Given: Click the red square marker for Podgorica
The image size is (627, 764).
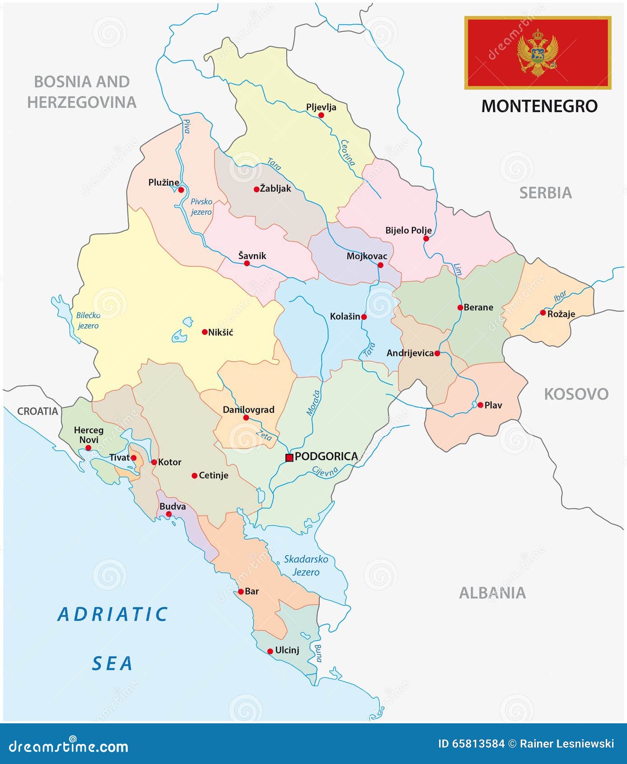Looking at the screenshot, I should pos(290,457).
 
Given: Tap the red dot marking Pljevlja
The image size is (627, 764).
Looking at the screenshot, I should pos(321,115).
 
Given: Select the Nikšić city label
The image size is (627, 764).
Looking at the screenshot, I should pos(220,332).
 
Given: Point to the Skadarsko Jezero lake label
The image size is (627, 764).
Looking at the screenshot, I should pos(306,565).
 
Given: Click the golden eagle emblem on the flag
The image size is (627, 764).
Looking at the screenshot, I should pos(538,52).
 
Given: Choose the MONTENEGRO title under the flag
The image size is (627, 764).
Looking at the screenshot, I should pos(539,106).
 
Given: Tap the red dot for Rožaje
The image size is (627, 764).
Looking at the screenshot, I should pos(543,312).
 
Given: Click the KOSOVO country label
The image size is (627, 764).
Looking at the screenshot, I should pos(576,394).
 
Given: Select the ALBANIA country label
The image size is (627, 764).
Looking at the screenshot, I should pos(492,593).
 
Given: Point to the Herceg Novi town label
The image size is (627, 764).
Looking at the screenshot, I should pos(89,434).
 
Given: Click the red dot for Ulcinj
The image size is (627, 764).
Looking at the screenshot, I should pos(270,651).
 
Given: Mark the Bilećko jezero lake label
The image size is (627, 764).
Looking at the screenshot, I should pos(88,320).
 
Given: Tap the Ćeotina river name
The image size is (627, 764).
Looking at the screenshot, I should pos(347,152).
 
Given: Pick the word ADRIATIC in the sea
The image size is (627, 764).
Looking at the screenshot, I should pos(113,614).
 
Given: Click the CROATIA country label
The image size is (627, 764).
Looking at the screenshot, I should pos(38,411).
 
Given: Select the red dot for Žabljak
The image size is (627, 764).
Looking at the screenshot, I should pos(257,189).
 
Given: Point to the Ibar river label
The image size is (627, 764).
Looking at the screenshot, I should pos(560,296).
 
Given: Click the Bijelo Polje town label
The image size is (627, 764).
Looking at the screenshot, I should pos(408,230).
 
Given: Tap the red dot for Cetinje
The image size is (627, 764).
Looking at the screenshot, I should pos(195,476).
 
